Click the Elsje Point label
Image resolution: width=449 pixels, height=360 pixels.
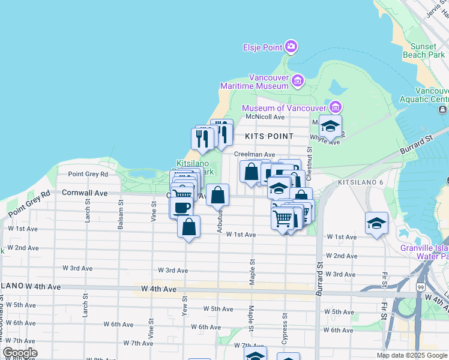[262, 47]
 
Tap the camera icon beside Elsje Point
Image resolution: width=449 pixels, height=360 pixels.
[291, 46]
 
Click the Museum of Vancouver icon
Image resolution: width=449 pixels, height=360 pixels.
[335, 107]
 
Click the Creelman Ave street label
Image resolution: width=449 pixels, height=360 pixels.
[255, 154]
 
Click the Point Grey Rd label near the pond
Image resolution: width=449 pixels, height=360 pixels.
[88, 174]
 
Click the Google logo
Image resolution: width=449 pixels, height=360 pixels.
[20, 353]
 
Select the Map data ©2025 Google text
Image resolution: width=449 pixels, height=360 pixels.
[412, 355]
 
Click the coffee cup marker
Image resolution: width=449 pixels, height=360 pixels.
[181, 208]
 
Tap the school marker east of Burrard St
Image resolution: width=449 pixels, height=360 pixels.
[376, 223]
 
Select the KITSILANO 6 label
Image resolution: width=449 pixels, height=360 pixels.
[360, 182]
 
